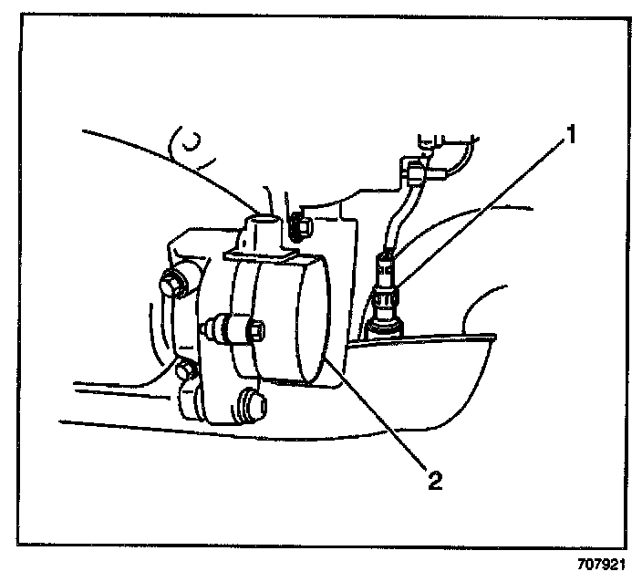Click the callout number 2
436,478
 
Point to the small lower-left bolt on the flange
185,371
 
